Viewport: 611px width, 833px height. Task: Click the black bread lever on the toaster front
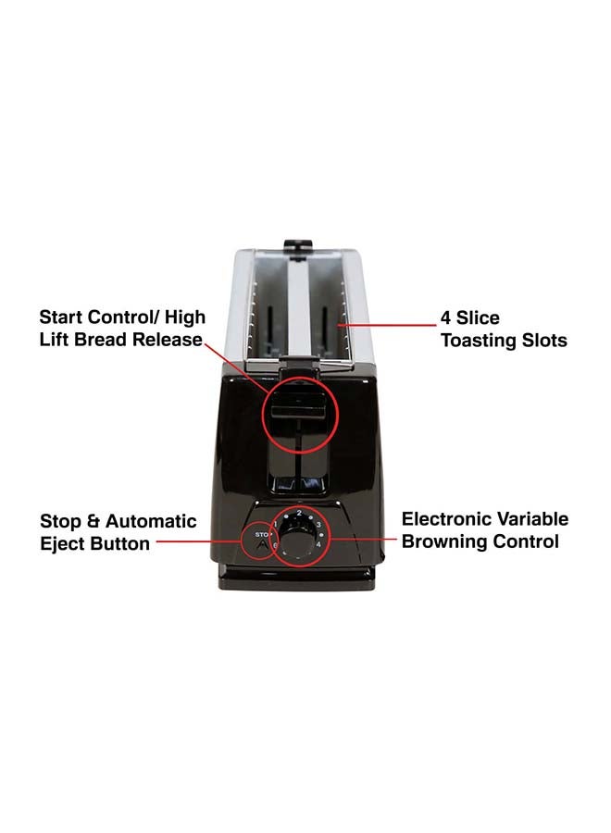(x=298, y=410)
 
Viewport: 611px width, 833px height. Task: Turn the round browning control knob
(x=297, y=536)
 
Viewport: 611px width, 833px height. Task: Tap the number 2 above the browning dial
(x=299, y=513)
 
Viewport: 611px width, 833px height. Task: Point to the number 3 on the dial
(x=318, y=525)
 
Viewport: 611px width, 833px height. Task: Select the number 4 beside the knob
(x=318, y=544)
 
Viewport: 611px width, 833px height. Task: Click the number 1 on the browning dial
(x=275, y=525)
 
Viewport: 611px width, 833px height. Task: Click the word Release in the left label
(x=167, y=339)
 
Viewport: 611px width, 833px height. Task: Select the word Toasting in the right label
(x=479, y=341)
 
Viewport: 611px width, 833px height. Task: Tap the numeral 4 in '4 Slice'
(x=445, y=317)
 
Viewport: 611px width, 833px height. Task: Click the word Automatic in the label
(x=151, y=521)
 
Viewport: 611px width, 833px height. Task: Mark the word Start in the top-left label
(x=61, y=317)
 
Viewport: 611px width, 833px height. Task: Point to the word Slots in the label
(x=544, y=340)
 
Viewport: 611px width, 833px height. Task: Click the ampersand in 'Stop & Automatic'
(x=93, y=521)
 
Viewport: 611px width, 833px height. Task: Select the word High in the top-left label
(x=185, y=318)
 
